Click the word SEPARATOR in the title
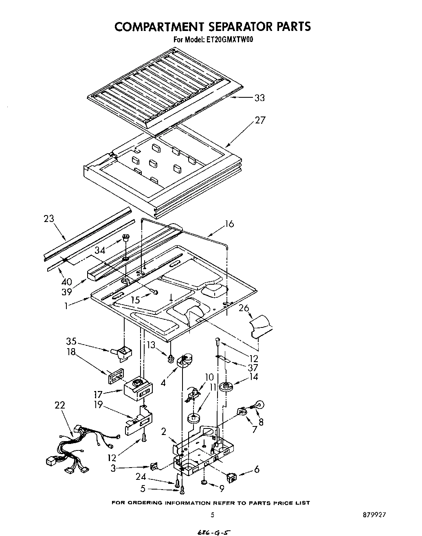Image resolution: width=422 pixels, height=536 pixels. [x=234, y=26]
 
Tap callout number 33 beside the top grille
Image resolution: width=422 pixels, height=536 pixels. [x=259, y=98]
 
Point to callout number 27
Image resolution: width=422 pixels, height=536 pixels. [x=260, y=120]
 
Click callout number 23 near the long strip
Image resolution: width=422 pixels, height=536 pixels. [x=49, y=219]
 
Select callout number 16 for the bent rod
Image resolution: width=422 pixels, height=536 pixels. [x=229, y=224]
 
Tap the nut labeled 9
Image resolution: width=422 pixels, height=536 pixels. [x=203, y=483]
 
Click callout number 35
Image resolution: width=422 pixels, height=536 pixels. [x=72, y=341]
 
